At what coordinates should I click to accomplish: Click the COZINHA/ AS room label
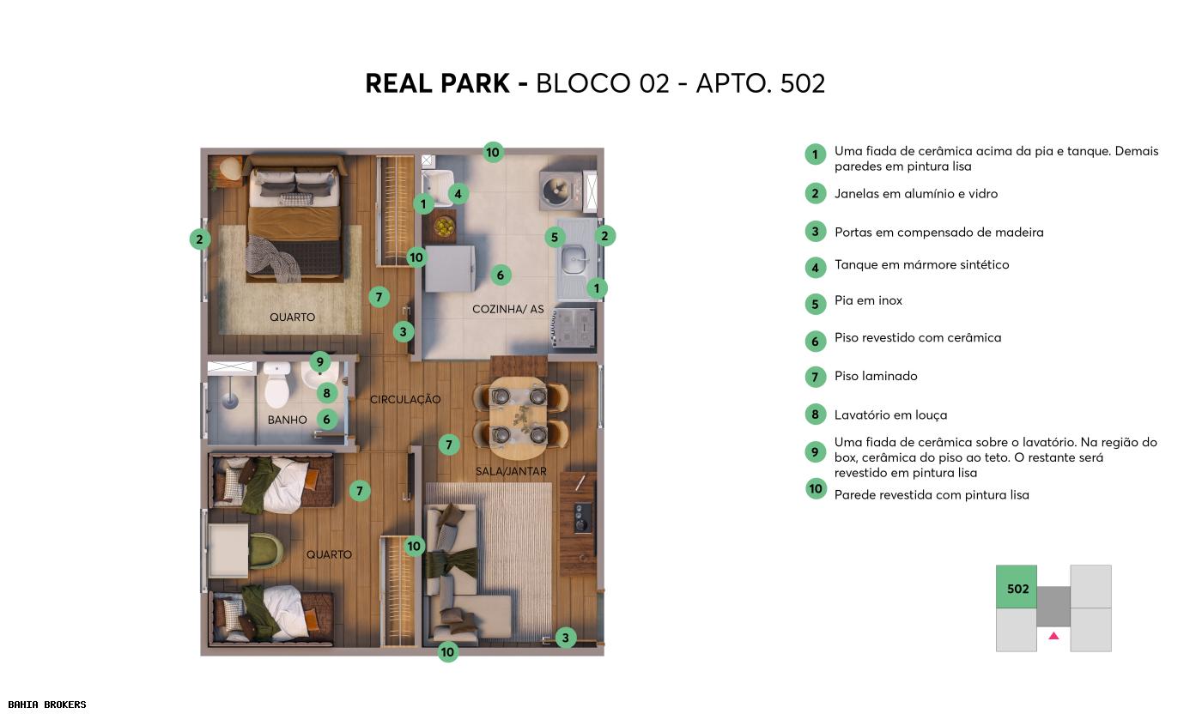click(507, 309)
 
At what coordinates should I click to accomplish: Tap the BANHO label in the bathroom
click(287, 420)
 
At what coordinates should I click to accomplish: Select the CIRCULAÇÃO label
click(405, 399)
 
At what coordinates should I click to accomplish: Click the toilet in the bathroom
click(277, 385)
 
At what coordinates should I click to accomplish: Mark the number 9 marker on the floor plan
click(319, 362)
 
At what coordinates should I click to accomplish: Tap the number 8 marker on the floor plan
click(326, 393)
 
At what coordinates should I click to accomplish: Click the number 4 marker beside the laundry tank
click(458, 194)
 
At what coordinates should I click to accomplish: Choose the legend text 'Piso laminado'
click(876, 376)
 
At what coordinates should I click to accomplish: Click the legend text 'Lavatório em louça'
click(890, 414)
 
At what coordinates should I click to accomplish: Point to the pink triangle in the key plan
click(1053, 636)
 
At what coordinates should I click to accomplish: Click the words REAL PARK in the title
click(437, 83)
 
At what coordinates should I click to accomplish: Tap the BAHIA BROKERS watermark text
click(47, 705)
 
